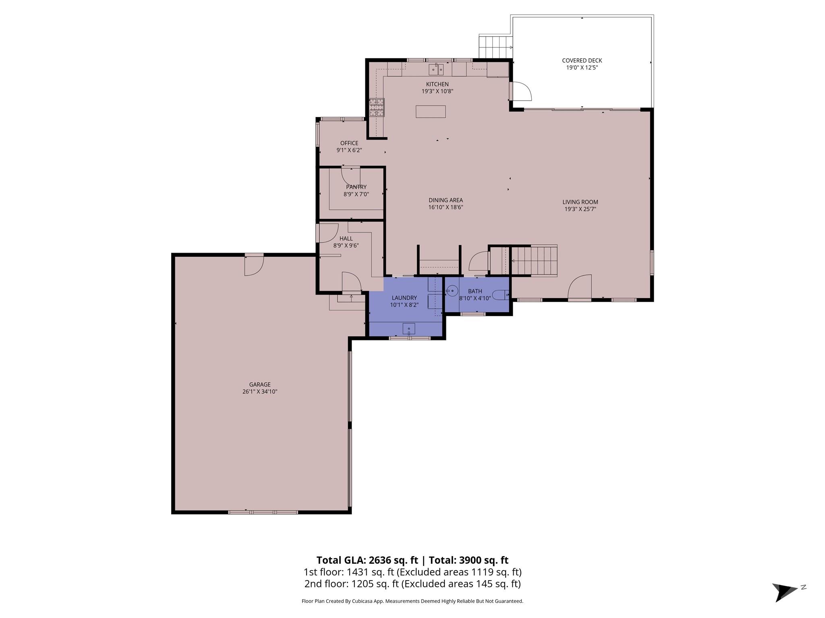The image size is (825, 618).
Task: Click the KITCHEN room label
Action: pyautogui.click(x=437, y=84)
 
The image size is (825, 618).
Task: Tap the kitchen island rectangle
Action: pyautogui.click(x=431, y=111)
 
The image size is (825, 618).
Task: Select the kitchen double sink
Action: pyautogui.click(x=435, y=70)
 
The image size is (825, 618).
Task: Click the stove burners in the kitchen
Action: pyautogui.click(x=377, y=107)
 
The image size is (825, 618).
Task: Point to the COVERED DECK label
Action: pyautogui.click(x=582, y=61)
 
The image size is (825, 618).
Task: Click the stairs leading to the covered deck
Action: pyautogui.click(x=495, y=47)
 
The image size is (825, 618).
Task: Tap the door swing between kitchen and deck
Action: pyautogui.click(x=522, y=91)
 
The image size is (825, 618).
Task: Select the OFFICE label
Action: pyautogui.click(x=349, y=143)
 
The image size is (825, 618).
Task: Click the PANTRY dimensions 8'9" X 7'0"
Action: pyautogui.click(x=356, y=194)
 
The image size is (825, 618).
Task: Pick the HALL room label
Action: pyautogui.click(x=346, y=239)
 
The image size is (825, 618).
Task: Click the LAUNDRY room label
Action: pyautogui.click(x=404, y=298)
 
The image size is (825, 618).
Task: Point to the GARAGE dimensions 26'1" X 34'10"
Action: pyautogui.click(x=260, y=391)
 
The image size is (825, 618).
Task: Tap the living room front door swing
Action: pyautogui.click(x=580, y=287)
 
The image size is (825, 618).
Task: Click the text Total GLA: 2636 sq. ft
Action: pyautogui.click(x=367, y=560)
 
